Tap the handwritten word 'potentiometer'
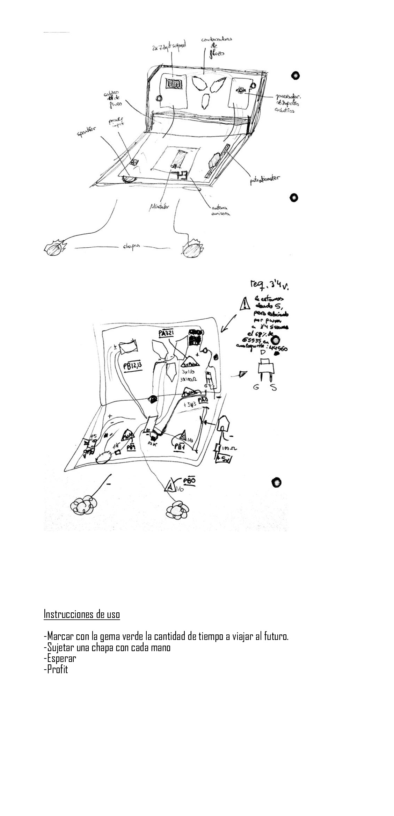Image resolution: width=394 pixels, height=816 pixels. (264, 180)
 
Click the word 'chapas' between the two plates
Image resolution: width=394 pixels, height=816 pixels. (131, 247)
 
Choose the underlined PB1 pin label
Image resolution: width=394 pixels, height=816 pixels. (180, 447)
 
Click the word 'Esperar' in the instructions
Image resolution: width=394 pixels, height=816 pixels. (60, 658)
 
